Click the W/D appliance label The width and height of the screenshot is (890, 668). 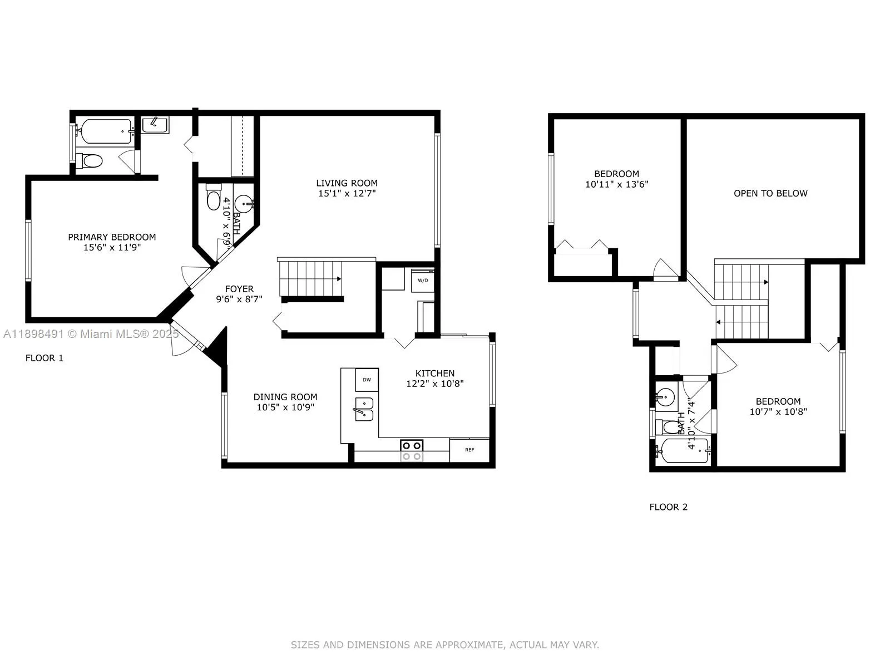pos(423,280)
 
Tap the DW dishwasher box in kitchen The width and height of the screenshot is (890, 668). pos(367,380)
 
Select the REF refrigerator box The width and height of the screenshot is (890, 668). pos(469,450)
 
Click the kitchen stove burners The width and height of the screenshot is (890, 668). pos(412,450)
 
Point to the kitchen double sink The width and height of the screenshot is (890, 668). pos(364,409)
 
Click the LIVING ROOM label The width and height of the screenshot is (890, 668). pos(347,183)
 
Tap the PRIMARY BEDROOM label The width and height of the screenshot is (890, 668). pos(112,237)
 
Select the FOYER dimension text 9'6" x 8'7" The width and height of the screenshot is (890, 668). pos(239,299)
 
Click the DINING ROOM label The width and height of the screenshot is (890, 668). pos(285,397)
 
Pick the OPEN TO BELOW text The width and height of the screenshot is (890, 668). pos(770,193)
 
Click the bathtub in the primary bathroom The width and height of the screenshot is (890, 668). pos(106,131)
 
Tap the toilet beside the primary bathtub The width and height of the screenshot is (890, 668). pos(90,161)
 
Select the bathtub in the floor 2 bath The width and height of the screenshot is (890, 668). pos(683,451)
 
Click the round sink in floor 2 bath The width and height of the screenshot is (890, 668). pos(665,397)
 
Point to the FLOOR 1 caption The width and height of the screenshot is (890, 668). pos(44,358)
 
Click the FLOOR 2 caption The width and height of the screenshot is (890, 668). pos(669,507)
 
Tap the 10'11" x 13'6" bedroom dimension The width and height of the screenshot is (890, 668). pos(616,184)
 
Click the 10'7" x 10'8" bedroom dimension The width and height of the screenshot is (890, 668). pos(778,412)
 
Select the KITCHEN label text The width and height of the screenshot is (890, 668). pos(435,374)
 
